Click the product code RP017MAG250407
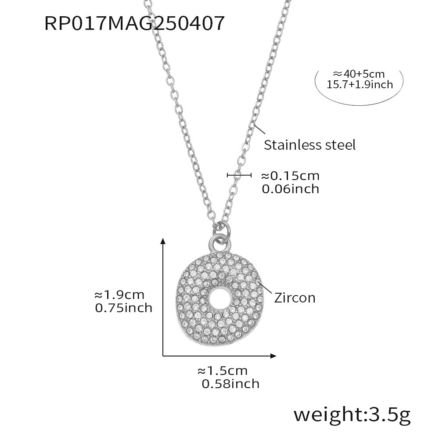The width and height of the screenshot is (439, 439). click(x=134, y=23)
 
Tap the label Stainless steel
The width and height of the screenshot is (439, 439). click(x=309, y=145)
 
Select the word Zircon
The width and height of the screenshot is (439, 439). click(x=295, y=298)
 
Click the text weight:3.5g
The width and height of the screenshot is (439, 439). click(x=352, y=415)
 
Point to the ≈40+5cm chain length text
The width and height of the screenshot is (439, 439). click(x=359, y=74)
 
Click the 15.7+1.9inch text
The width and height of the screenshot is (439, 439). click(x=360, y=85)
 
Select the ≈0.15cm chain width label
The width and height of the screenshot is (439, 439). click(x=290, y=176)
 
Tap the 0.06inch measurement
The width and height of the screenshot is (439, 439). click(x=291, y=189)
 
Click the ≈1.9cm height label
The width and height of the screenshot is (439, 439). click(x=119, y=295)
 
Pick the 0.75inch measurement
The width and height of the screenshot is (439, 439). click(x=123, y=308)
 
